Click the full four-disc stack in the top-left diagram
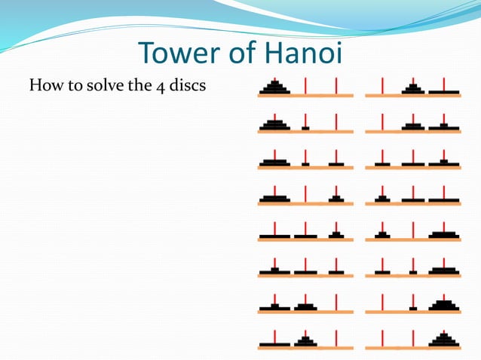pos(274,88)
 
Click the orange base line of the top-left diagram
pos(305,96)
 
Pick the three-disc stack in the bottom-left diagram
pos(305,342)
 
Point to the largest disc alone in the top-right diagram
pos(444,93)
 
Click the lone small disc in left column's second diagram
pos(305,127)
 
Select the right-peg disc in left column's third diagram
pos(336,163)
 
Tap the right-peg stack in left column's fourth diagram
pos(336,199)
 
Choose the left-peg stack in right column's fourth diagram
pos(383,199)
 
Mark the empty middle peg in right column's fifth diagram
pos(413,229)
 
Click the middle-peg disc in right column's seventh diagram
pos(413,307)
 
